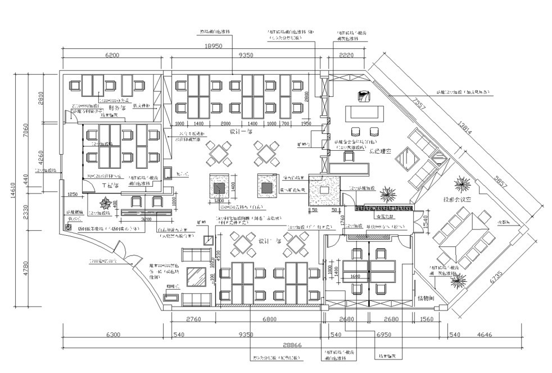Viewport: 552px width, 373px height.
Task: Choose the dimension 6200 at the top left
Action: pyautogui.click(x=112, y=55)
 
